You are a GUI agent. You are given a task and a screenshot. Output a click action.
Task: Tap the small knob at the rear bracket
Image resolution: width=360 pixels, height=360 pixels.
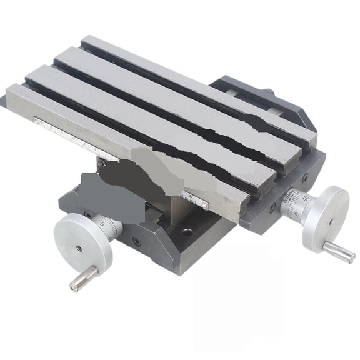click(x=269, y=92)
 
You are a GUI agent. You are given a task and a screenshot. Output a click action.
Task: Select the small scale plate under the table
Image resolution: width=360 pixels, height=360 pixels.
click(x=199, y=201)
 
